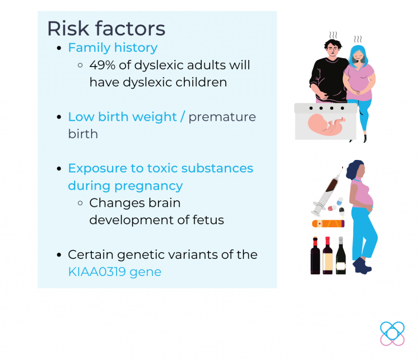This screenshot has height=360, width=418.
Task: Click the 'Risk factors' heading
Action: (106, 28)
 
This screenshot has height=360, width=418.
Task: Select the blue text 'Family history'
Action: (113, 48)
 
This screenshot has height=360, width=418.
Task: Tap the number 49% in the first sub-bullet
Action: (102, 65)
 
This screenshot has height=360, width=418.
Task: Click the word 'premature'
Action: (222, 117)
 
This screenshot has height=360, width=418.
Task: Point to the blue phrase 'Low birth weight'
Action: (122, 117)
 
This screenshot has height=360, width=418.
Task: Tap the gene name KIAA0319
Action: (97, 272)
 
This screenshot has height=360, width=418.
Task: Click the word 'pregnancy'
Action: (149, 186)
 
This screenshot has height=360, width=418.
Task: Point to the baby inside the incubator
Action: (326, 124)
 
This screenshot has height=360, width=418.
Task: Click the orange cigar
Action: (328, 224)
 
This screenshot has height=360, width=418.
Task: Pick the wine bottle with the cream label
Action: (328, 256)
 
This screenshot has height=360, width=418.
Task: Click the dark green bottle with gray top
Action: (341, 256)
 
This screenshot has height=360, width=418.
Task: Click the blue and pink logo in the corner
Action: (392, 333)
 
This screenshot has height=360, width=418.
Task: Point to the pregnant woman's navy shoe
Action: (362, 266)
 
